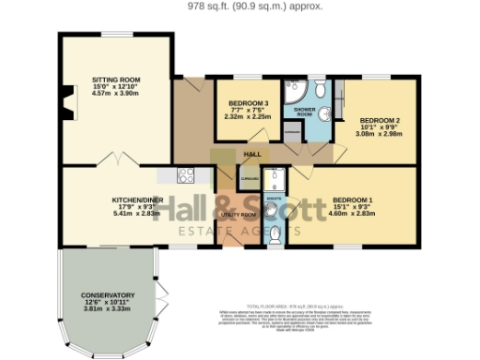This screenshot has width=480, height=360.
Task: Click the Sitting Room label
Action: (x=116, y=81)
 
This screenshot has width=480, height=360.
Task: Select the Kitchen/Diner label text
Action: (x=132, y=201)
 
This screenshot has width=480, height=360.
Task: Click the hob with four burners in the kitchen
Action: (x=185, y=174)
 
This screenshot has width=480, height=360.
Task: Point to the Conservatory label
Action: (x=107, y=295)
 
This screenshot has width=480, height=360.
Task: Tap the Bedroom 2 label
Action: (x=372, y=120)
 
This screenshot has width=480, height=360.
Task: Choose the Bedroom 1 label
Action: (x=352, y=201)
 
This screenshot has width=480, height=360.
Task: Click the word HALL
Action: (x=252, y=154)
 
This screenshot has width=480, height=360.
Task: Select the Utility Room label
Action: (x=238, y=215)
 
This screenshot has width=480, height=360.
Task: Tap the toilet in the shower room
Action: (x=321, y=90)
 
